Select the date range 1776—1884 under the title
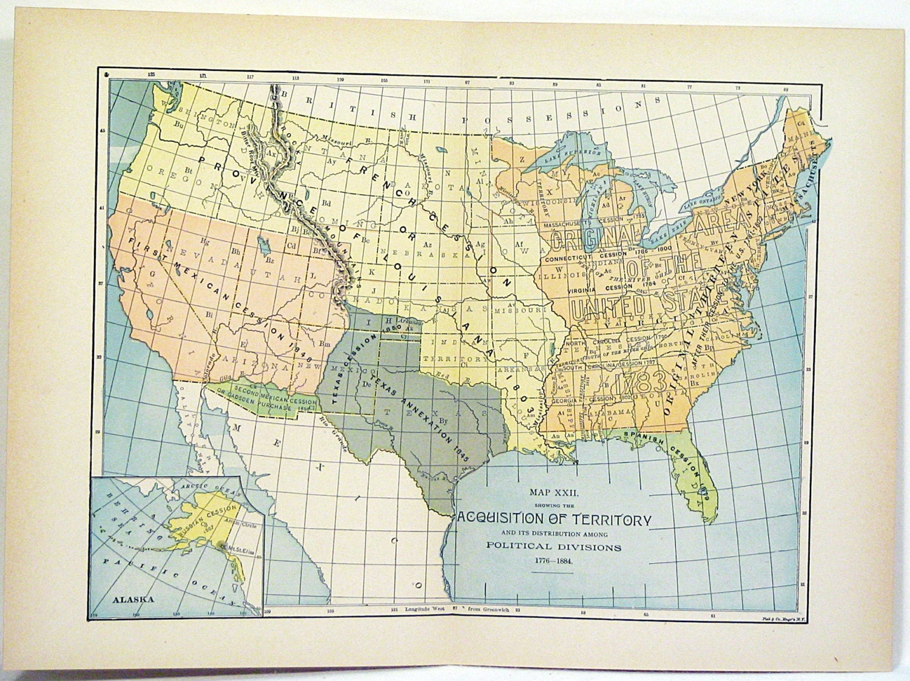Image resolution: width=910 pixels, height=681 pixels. [x=553, y=560]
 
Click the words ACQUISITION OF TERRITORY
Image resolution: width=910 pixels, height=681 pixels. [x=553, y=520]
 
